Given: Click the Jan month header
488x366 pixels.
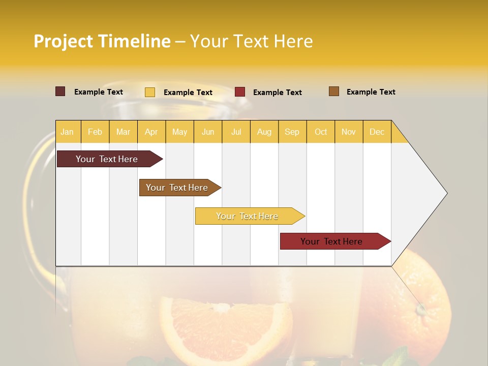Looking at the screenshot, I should [x=67, y=132].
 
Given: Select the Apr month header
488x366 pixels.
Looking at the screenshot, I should [x=151, y=132].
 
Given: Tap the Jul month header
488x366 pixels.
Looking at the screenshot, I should [x=236, y=132].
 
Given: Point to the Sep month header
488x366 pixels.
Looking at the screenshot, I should [x=292, y=132].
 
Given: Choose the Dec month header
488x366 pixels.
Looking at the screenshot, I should [x=377, y=132].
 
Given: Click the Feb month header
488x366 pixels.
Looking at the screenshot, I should [x=95, y=132].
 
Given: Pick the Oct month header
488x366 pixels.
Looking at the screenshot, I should [x=321, y=132].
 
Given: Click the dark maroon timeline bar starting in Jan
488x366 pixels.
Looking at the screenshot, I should [x=107, y=159].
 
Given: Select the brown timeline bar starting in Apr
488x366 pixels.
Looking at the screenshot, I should [x=177, y=188].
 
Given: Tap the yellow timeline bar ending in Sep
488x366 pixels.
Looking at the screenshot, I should [x=247, y=216].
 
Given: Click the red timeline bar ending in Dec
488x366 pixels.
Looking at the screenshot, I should [x=331, y=241].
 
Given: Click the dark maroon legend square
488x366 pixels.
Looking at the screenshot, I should [x=60, y=91].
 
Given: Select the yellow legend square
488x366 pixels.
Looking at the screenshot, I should [x=150, y=92].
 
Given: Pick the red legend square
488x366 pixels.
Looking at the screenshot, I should [x=240, y=92].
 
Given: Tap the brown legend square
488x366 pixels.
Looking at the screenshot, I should [x=334, y=91].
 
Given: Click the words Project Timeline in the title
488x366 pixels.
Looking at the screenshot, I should [x=102, y=41].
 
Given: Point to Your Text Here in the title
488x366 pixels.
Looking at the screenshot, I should [x=251, y=41].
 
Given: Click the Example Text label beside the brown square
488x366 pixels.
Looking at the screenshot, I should [x=371, y=92].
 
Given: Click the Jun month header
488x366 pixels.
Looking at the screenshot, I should [x=208, y=132].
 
